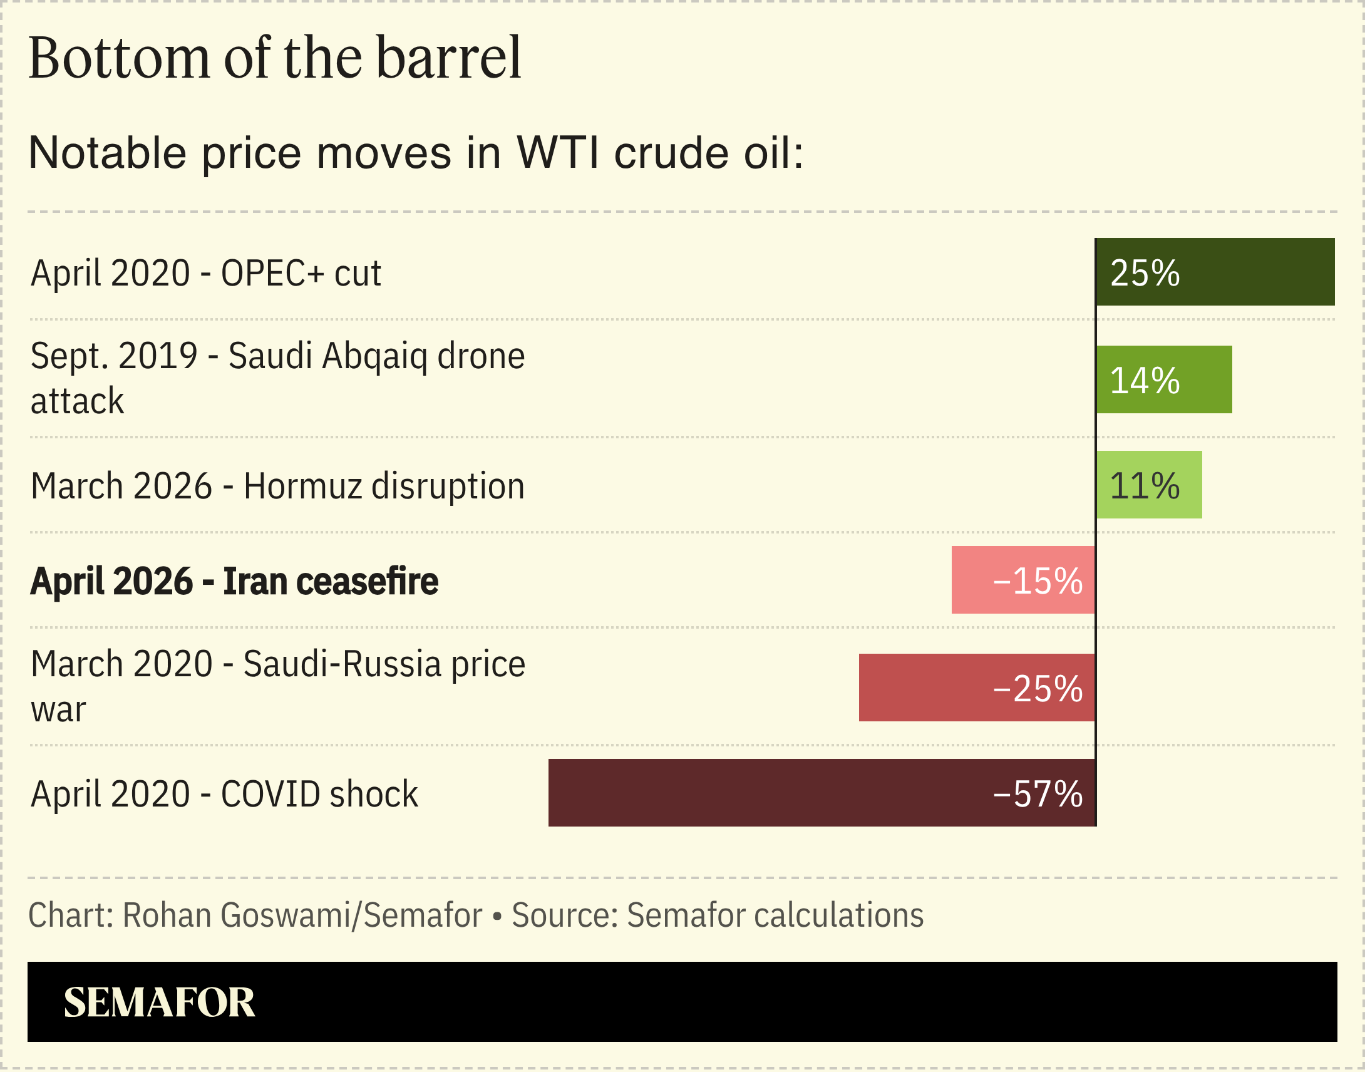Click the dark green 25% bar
(x=1249, y=272)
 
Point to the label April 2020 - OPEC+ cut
(x=206, y=273)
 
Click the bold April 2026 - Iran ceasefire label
(x=234, y=581)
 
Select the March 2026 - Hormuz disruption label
(x=277, y=487)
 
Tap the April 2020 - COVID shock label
(x=224, y=794)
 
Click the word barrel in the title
(x=449, y=58)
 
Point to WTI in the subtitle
(x=558, y=153)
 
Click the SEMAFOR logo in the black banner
(x=160, y=1002)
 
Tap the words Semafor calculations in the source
(x=775, y=915)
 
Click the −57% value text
(x=1038, y=794)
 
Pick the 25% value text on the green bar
(x=1145, y=273)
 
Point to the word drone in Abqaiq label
(x=481, y=356)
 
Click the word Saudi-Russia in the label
(x=343, y=664)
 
